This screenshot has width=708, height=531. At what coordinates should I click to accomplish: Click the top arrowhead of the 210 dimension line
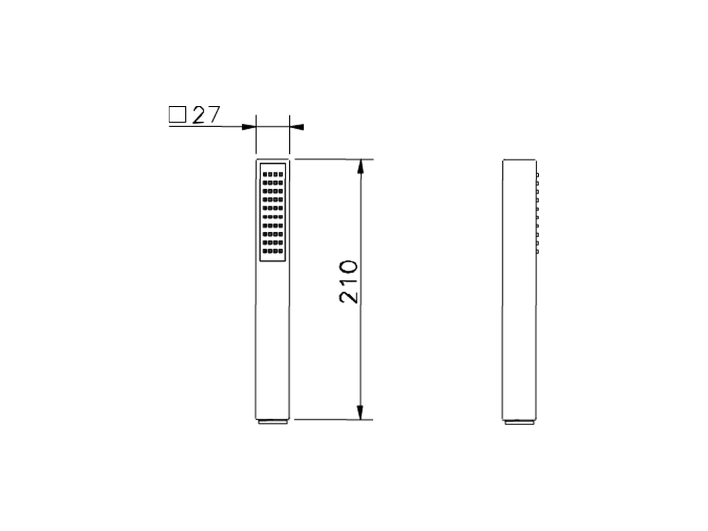(x=360, y=169)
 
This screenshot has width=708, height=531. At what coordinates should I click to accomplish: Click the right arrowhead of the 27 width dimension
(x=296, y=127)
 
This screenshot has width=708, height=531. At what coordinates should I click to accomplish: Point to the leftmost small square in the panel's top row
(x=265, y=174)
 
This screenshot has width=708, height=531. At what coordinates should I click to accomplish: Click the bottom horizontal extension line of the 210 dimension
(x=332, y=418)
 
